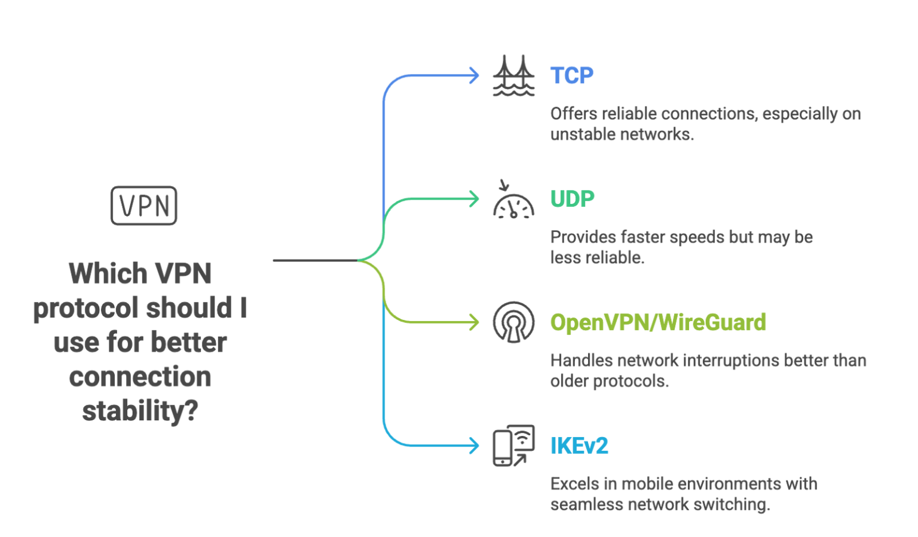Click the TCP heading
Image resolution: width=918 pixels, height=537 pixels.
tap(571, 76)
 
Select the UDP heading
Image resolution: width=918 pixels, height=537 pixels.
tap(572, 199)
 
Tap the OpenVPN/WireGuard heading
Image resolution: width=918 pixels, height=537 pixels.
tap(658, 323)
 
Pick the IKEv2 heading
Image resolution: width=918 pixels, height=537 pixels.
tap(579, 446)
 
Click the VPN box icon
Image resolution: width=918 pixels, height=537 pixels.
tap(144, 206)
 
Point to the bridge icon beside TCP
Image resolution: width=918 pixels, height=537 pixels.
tap(513, 76)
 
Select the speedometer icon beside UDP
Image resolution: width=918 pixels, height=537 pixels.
tap(513, 199)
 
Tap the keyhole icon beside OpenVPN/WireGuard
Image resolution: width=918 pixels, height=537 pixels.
tap(513, 323)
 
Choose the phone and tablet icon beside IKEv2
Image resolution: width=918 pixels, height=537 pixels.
tap(513, 446)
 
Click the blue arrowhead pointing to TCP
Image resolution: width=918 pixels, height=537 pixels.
tap(473, 76)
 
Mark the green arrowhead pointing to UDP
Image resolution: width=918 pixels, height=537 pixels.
tap(473, 199)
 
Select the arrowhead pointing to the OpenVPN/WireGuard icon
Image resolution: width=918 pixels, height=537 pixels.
tap(473, 323)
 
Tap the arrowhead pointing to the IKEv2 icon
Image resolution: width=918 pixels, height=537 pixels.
tap(473, 446)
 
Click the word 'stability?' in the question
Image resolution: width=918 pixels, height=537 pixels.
tap(140, 411)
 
